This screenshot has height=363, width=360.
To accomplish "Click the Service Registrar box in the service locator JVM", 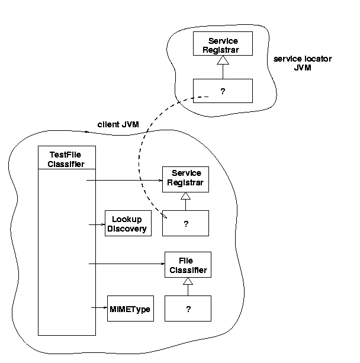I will coord(223,45).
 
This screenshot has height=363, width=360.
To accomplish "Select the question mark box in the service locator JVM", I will coord(223,91).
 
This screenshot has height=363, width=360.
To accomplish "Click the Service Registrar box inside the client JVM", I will coord(187,178).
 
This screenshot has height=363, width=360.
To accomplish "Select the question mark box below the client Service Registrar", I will coord(186,224).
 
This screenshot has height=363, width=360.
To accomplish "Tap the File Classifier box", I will coord(188,265).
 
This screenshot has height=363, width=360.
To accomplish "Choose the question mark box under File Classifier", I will coord(188,309).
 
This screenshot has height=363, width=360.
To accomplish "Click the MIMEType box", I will coord(130,309).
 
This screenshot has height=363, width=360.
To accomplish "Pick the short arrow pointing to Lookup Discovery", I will coord(96,224).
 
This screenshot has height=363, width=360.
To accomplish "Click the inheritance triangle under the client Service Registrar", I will coord(186,196).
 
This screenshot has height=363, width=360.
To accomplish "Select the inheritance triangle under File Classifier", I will coord(188,282).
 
